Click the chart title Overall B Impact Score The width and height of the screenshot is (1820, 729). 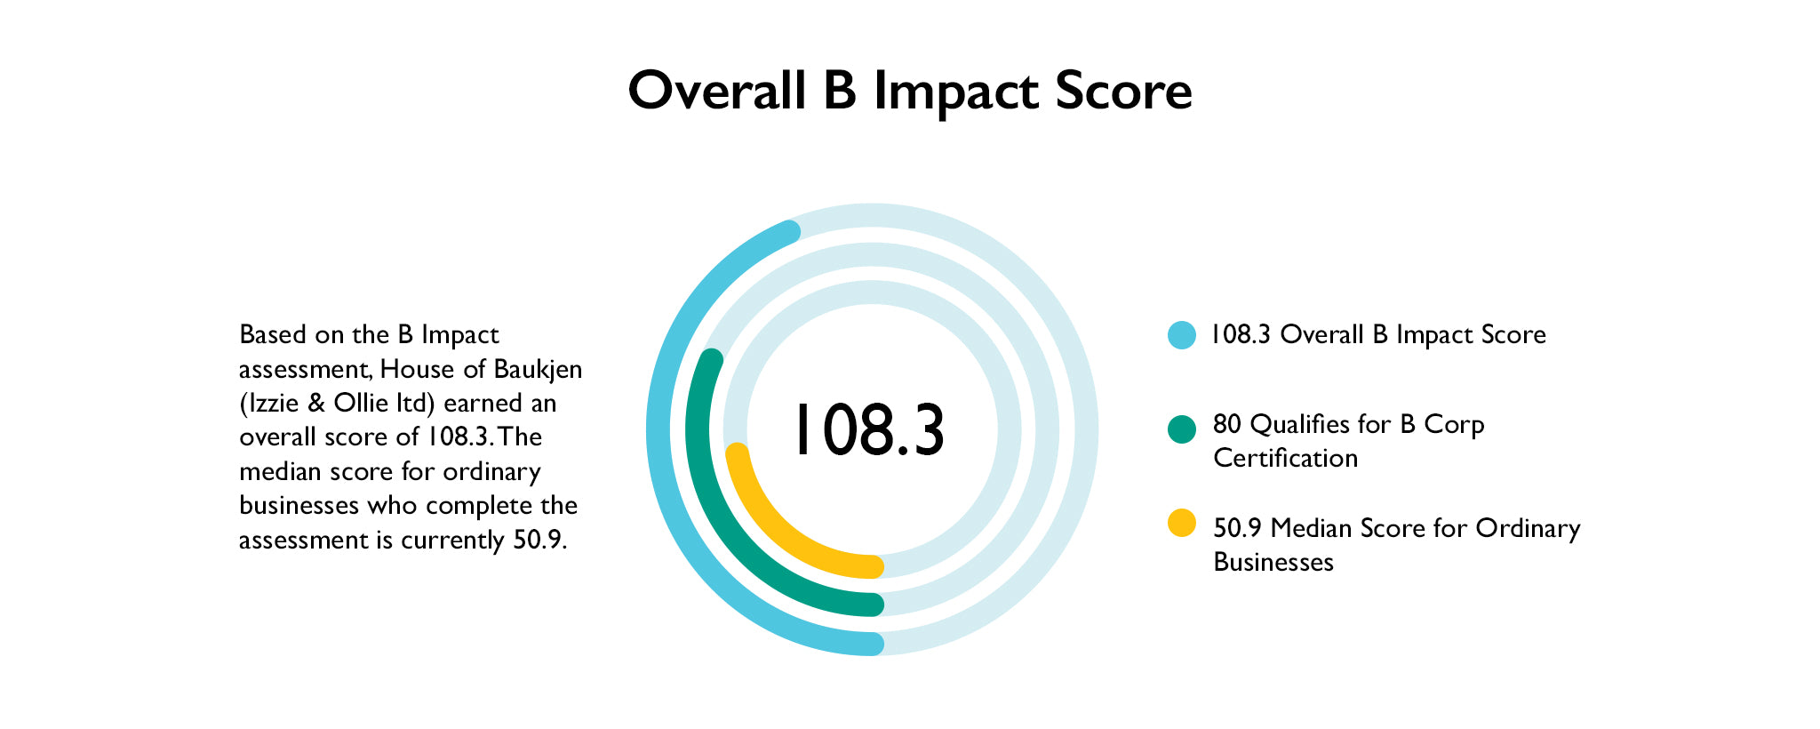tap(909, 91)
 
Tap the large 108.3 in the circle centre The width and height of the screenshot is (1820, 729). tap(868, 431)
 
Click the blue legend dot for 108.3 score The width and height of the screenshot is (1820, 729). tap(1181, 335)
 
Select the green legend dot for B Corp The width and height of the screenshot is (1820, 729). tap(1181, 429)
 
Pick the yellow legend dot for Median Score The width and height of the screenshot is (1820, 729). tap(1181, 523)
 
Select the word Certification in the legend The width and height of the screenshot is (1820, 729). tap(1285, 459)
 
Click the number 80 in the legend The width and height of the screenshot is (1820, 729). tap(1227, 425)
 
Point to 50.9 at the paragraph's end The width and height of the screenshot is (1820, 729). tap(539, 541)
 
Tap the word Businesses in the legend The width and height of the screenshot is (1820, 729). tap(1273, 563)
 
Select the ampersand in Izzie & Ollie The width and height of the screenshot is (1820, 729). tap(316, 404)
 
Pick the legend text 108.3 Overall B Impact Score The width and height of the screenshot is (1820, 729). tap(1378, 335)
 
